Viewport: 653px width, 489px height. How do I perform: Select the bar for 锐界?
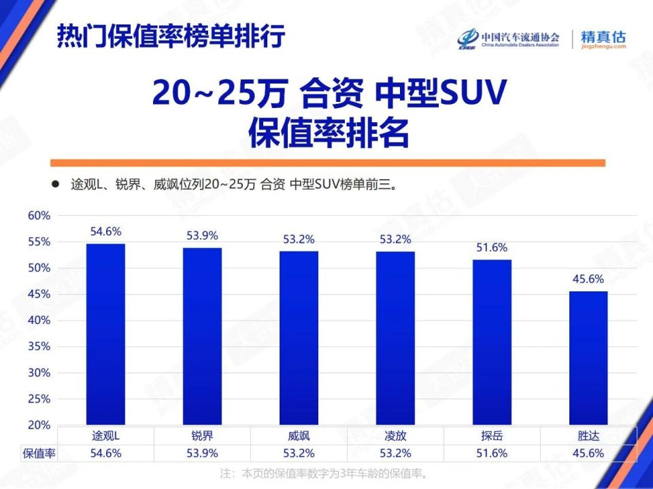click(x=202, y=336)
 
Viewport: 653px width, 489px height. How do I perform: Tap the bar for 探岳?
click(x=492, y=342)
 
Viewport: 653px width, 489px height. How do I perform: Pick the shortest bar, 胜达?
click(x=588, y=358)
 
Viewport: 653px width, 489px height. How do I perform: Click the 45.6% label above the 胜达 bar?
click(x=588, y=278)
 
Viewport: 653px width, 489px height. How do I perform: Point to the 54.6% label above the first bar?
click(x=105, y=232)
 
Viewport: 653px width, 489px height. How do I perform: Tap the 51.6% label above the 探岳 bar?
click(x=492, y=247)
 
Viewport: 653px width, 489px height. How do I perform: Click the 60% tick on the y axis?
click(x=39, y=215)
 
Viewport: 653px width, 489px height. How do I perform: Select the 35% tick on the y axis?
click(x=39, y=346)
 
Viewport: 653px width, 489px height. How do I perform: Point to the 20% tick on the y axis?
click(x=39, y=425)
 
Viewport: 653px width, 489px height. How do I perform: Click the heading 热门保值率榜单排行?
click(x=170, y=36)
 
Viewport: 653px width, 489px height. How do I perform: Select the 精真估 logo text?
click(x=603, y=38)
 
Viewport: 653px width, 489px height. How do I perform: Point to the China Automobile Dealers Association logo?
click(x=509, y=39)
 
